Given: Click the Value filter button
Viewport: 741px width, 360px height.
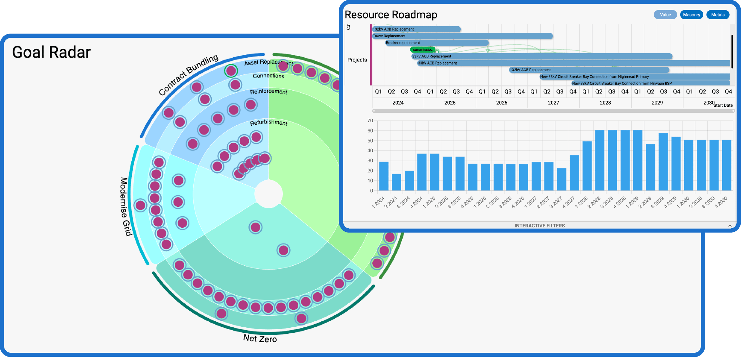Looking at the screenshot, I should click(x=665, y=15).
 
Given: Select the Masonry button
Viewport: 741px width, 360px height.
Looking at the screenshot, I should click(x=691, y=15).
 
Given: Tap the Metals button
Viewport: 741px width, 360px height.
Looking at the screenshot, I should click(x=718, y=15).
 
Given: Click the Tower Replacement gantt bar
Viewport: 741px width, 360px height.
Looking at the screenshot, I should click(x=462, y=36).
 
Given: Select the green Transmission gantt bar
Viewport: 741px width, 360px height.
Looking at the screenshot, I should click(x=422, y=49).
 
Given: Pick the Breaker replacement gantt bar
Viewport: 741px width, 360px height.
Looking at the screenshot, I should click(x=437, y=42).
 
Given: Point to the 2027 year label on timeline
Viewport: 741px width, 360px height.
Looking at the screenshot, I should click(x=553, y=103).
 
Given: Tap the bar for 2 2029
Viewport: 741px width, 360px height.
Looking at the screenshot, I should click(x=650, y=167).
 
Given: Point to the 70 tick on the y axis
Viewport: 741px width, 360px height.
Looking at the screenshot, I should click(x=370, y=121).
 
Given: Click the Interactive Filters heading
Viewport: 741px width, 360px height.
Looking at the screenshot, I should click(x=539, y=226).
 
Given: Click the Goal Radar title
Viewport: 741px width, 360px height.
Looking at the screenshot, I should click(x=51, y=52).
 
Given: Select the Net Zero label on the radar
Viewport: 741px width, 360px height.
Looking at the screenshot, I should click(x=260, y=338).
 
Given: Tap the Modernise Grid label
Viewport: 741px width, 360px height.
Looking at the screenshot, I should click(x=126, y=207).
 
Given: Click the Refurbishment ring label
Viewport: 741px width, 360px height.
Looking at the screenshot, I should click(x=269, y=123).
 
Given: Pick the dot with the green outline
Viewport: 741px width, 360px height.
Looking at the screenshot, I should click(x=231, y=71).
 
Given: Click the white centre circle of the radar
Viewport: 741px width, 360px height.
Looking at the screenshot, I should click(x=269, y=194).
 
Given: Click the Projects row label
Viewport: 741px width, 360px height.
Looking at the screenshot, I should click(x=357, y=60).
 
